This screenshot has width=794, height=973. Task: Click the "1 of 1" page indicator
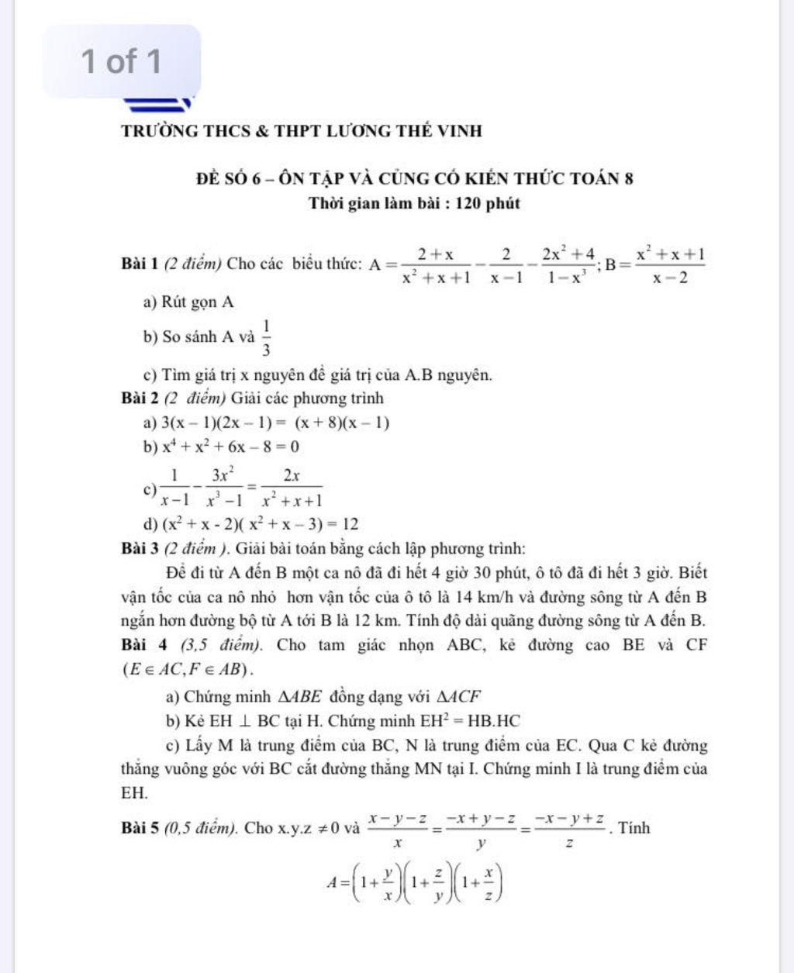122,60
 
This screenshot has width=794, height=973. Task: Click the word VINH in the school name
458,130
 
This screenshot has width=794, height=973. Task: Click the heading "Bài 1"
140,264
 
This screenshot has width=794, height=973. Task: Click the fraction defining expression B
670,264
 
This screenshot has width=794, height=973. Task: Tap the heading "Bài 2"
140,399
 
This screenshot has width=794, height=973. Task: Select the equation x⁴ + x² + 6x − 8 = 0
230,447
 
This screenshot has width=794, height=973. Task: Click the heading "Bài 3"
140,549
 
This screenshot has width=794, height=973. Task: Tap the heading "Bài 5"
140,828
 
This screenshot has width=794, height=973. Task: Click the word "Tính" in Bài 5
635,828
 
